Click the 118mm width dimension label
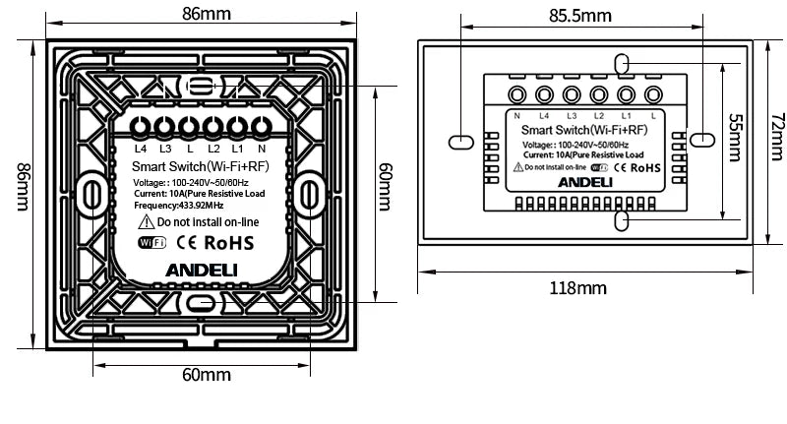point(579,288)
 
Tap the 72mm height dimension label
point(777,140)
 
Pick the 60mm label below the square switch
point(205,375)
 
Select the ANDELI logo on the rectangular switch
point(585,181)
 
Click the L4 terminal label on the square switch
point(141,150)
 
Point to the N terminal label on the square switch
point(263,150)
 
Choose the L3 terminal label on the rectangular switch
point(572,117)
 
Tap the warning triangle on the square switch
point(144,223)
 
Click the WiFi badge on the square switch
point(152,243)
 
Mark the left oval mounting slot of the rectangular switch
point(459,142)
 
